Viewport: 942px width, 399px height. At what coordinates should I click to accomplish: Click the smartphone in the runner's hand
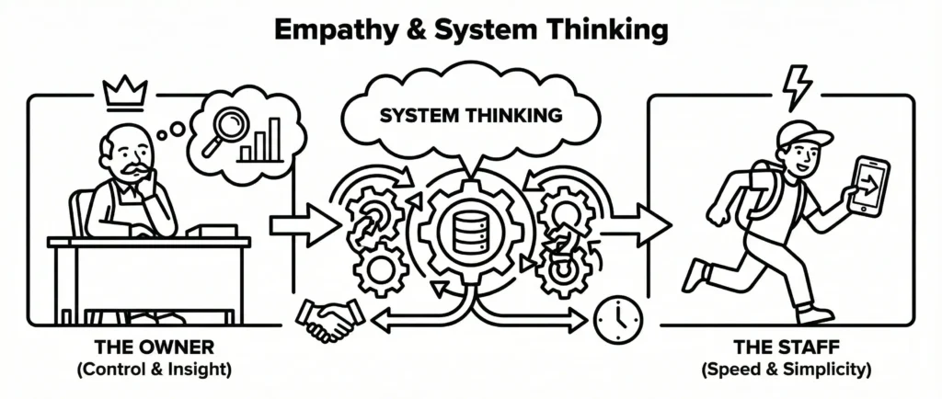[868, 187]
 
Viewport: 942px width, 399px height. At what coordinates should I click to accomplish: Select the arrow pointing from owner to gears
[301, 223]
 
